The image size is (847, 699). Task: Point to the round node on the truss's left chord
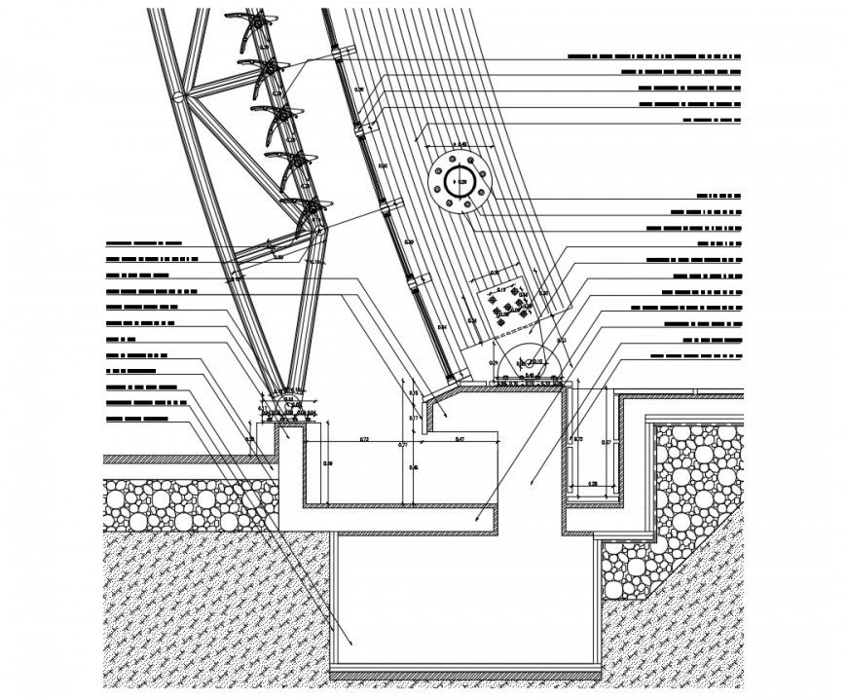181,97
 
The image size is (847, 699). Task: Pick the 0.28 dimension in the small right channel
594,483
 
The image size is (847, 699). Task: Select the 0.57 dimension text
607,443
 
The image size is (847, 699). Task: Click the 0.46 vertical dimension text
414,468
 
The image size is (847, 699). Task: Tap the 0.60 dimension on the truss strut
278,257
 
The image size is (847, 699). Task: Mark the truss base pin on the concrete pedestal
288,398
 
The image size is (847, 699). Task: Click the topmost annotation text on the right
653,57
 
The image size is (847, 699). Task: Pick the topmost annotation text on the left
144,242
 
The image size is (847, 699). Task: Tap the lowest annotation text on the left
136,419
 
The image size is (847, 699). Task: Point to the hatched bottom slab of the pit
465,674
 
